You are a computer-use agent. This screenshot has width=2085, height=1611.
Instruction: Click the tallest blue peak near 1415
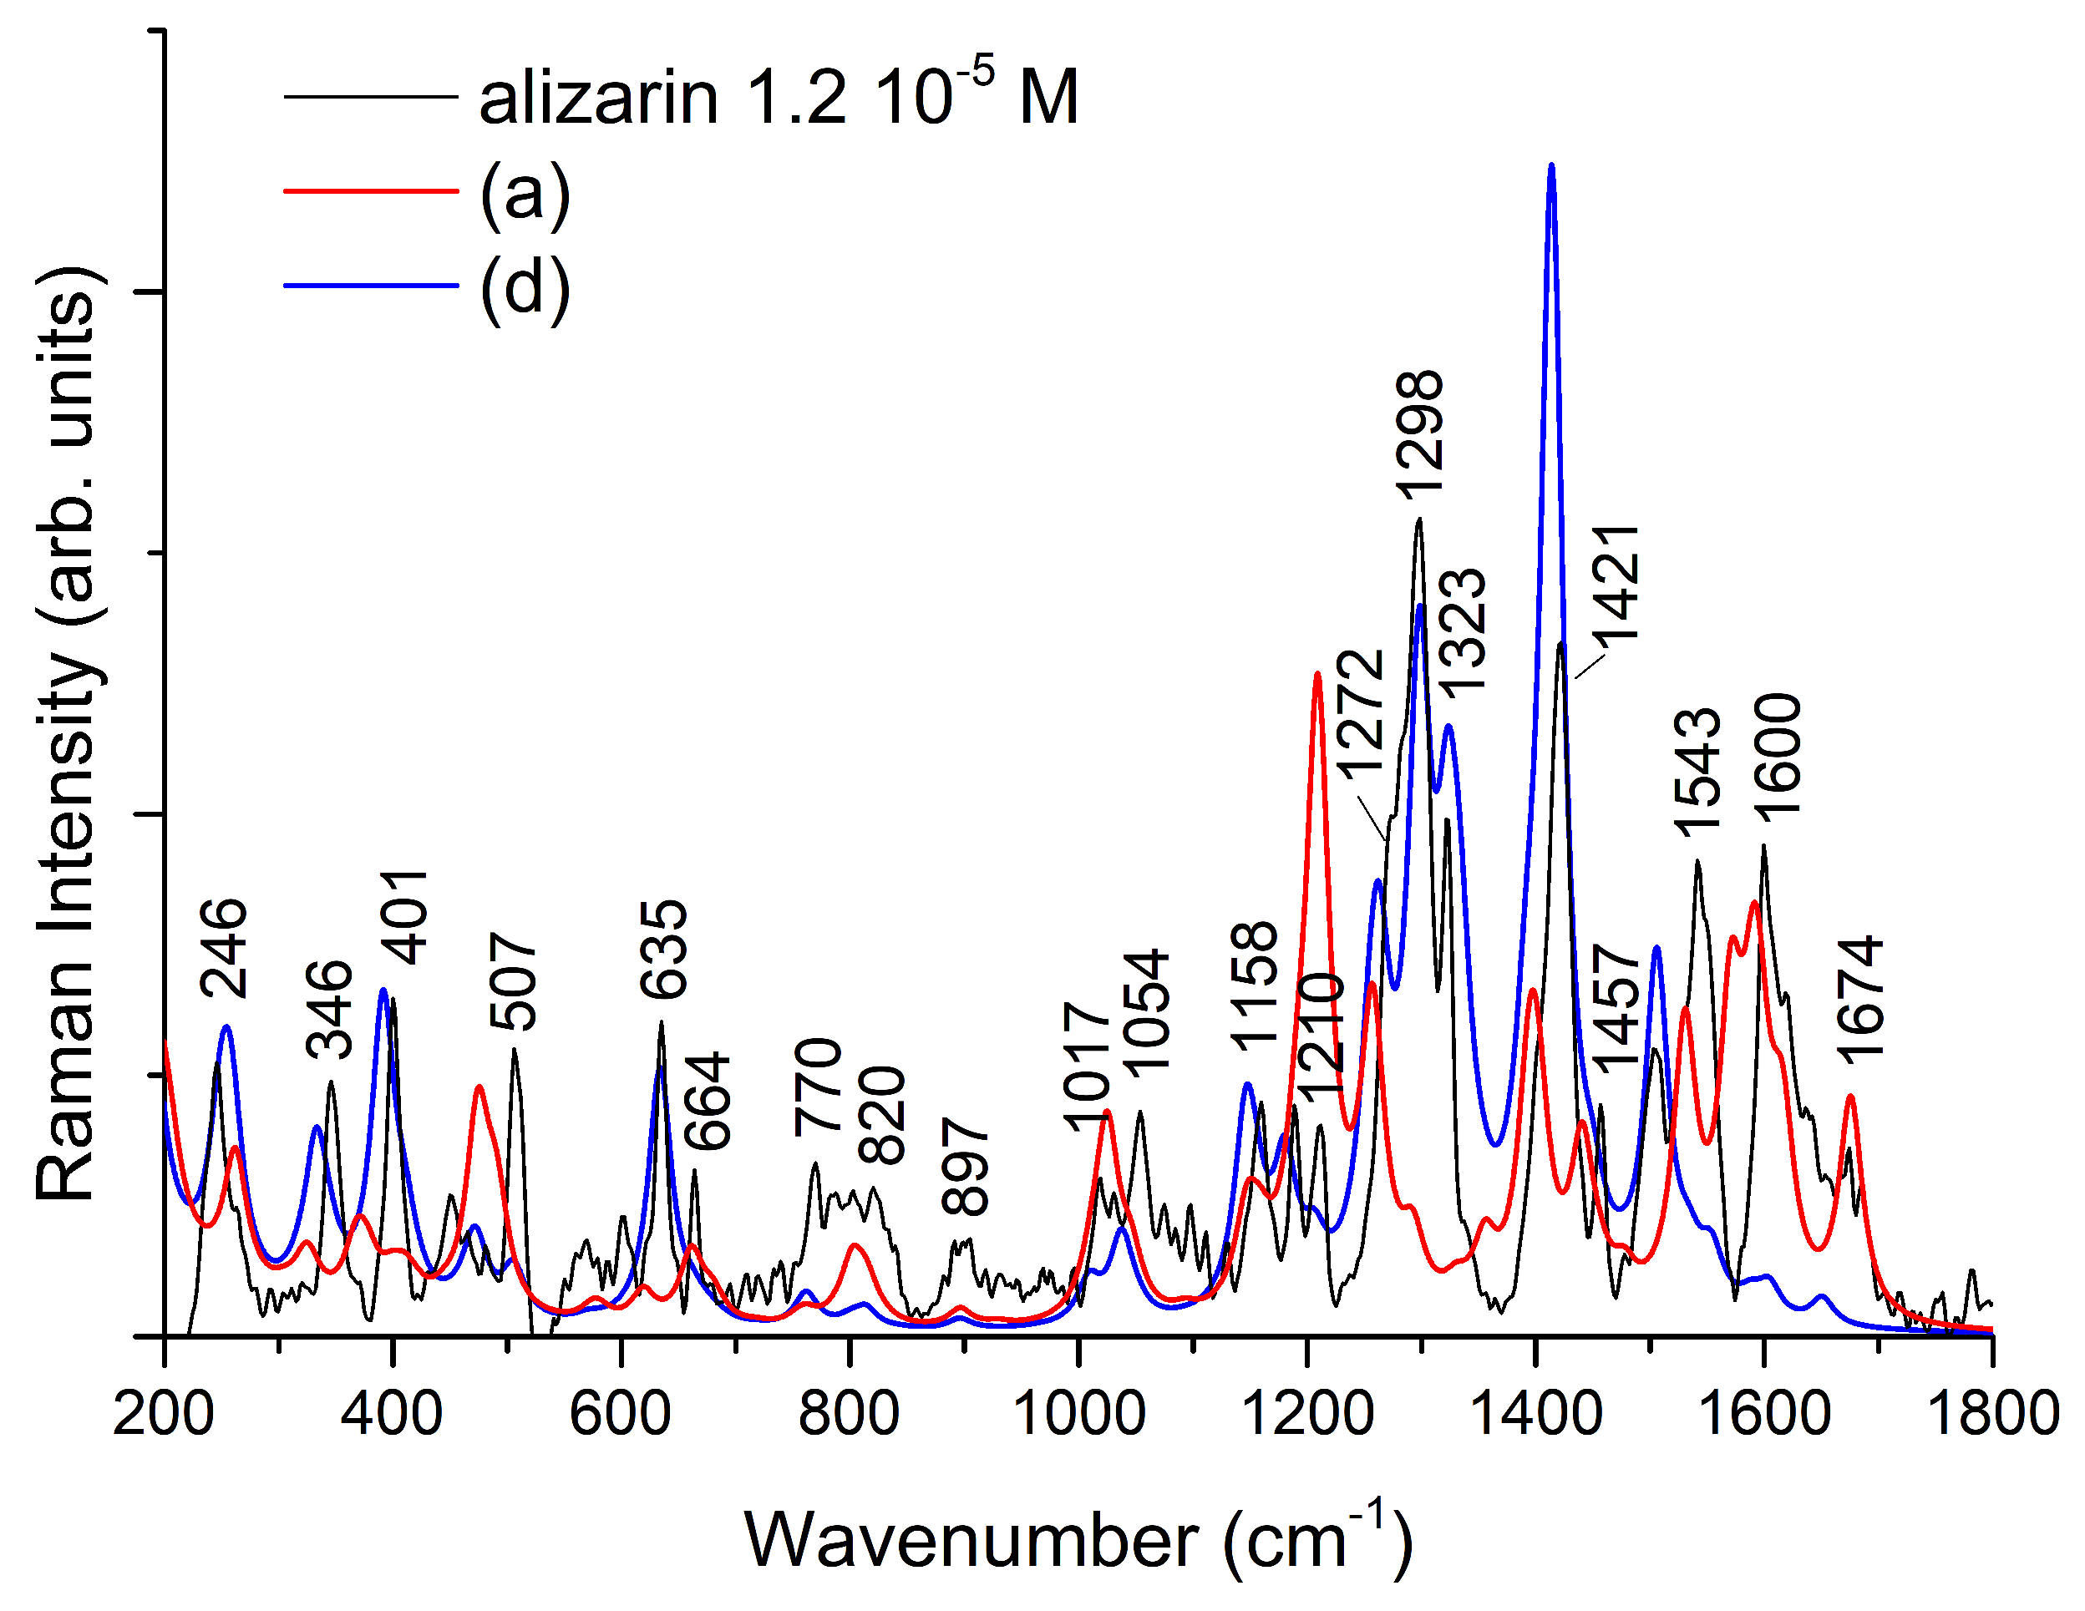[x=1551, y=166]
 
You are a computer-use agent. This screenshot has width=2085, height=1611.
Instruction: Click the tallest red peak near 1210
[x=1317, y=675]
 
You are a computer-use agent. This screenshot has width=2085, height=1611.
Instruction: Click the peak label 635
[x=664, y=950]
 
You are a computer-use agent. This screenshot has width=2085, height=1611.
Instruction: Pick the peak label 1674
[x=1860, y=1001]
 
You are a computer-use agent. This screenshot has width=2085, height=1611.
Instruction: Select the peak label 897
[x=965, y=1166]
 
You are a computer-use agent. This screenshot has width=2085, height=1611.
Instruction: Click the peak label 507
[x=515, y=981]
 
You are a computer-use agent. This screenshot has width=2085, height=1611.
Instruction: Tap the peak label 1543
[x=1698, y=773]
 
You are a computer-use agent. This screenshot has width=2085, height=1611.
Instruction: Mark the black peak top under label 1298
[x=1419, y=520]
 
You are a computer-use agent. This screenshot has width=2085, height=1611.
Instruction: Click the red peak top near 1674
[x=1851, y=1097]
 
